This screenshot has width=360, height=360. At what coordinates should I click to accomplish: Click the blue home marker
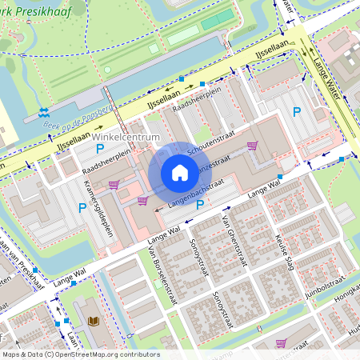coord(180,173)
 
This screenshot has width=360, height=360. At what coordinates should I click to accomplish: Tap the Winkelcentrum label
coord(126,136)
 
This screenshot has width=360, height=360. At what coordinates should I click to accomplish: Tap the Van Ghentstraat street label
coord(233,240)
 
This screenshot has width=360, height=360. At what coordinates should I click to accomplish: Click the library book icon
coord(94,321)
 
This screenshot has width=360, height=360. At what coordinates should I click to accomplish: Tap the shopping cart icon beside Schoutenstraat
coord(254,146)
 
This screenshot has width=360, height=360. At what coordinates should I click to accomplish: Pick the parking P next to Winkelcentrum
coord(100,149)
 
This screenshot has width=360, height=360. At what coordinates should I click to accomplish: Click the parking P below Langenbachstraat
coord(199,206)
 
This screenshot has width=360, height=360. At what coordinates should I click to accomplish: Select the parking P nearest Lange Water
coord(297,113)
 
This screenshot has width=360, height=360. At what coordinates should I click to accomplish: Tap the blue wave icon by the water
coord(43,112)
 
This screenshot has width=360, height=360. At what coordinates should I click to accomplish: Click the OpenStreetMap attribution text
coord(80,354)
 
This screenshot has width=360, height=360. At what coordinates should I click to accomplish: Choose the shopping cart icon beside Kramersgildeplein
coord(114,185)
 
